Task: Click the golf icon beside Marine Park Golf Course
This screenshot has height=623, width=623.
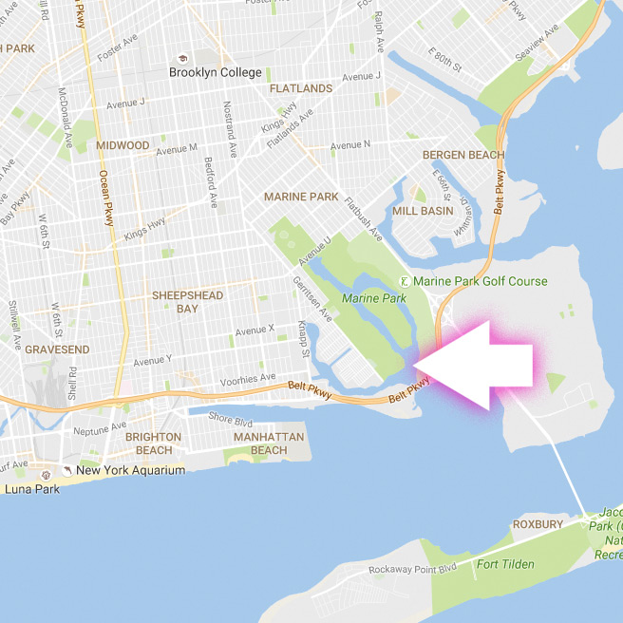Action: (x=406, y=281)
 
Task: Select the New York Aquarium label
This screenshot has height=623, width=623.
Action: (x=130, y=470)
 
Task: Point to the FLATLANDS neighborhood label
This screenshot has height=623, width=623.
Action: (x=301, y=88)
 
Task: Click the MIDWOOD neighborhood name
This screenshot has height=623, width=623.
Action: (x=123, y=145)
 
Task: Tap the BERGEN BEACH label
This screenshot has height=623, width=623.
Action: (x=461, y=154)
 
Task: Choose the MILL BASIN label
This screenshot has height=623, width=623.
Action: (x=423, y=212)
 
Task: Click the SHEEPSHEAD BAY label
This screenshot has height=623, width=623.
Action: (x=187, y=302)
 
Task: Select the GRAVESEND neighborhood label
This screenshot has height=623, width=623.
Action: (x=57, y=349)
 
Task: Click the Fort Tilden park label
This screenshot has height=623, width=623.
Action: (x=505, y=564)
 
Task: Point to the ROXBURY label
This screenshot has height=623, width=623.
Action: (x=538, y=524)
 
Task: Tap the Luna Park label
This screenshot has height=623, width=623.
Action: (x=31, y=489)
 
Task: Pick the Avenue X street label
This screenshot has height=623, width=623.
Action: (x=255, y=330)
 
